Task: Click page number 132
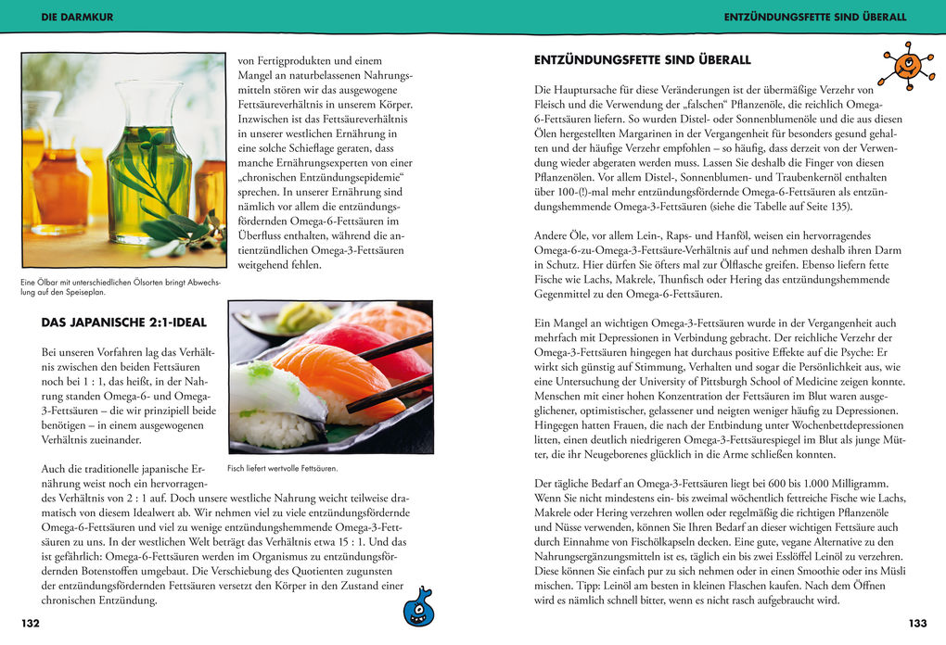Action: (31, 624)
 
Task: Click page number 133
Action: (917, 624)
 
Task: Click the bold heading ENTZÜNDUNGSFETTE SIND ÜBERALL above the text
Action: (643, 60)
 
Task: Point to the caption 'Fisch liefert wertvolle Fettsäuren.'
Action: (282, 469)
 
